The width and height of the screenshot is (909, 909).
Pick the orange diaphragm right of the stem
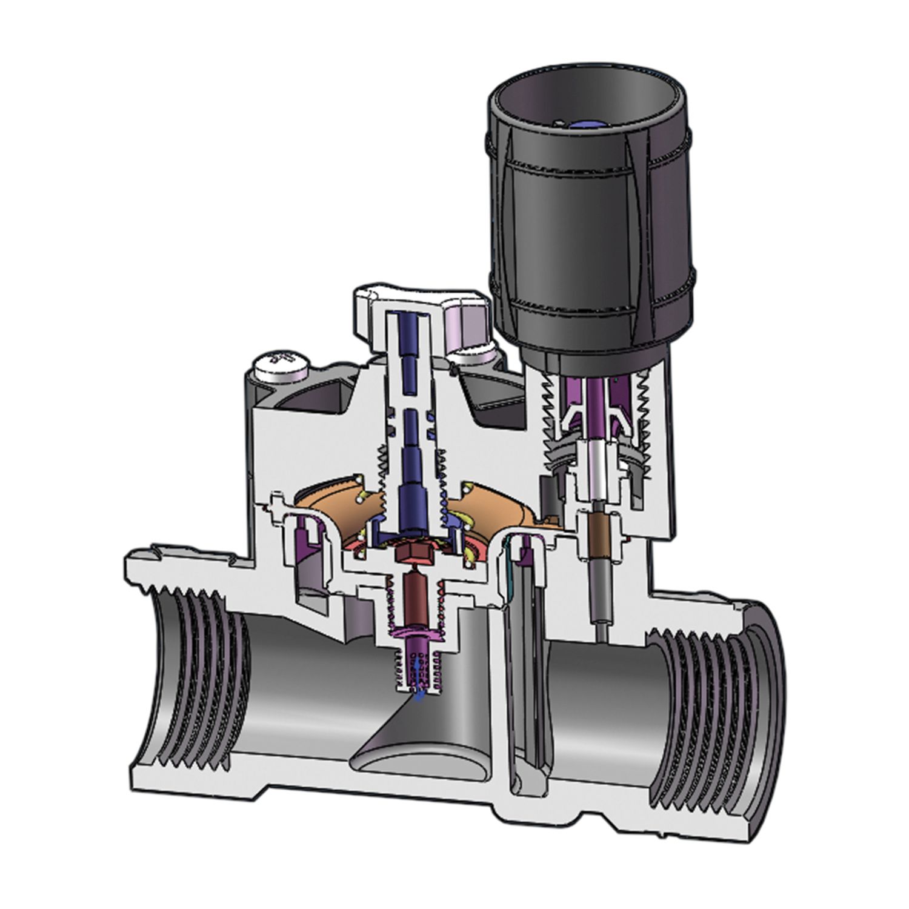coord(485,503)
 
